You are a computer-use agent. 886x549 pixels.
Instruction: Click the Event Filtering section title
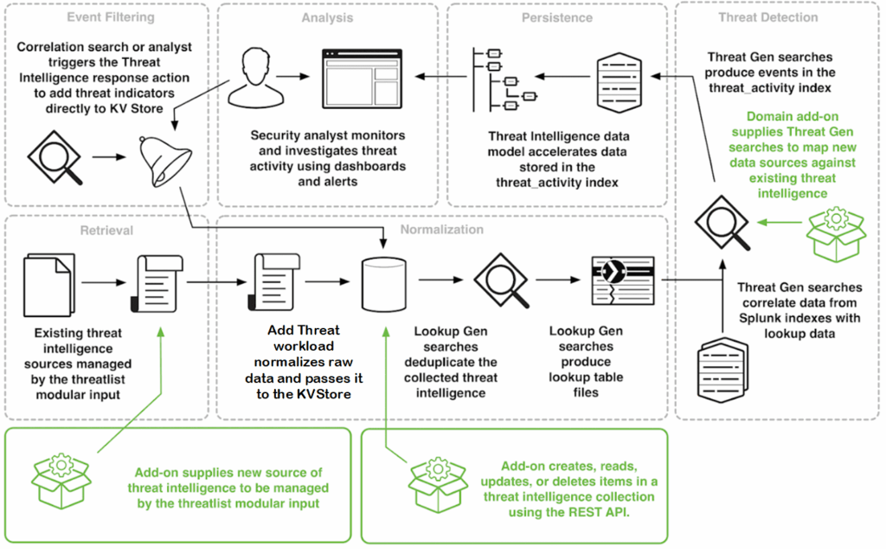[111, 17]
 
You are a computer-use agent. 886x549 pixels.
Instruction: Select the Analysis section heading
[327, 17]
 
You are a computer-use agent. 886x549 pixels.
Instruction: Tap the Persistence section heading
[557, 17]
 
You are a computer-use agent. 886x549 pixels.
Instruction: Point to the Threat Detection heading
[768, 17]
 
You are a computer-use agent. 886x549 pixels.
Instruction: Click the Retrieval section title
[106, 230]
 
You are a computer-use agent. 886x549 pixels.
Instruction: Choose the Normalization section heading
[442, 229]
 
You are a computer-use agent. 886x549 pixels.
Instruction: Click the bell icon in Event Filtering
[165, 160]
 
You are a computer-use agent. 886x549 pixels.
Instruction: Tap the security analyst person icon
[256, 78]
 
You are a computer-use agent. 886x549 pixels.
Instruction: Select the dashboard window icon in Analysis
[362, 79]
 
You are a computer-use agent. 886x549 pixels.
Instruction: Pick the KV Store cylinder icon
[383, 285]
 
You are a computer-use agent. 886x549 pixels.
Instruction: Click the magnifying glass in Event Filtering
[55, 158]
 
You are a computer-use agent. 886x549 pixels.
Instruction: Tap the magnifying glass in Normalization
[502, 281]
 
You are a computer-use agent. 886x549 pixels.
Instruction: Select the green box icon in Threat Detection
[837, 234]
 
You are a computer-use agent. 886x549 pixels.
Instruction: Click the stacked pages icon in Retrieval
[49, 285]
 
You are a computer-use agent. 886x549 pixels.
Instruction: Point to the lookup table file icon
[623, 281]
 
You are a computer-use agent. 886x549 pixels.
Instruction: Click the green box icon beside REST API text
[439, 485]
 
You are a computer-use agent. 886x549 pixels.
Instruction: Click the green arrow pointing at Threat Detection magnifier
[780, 223]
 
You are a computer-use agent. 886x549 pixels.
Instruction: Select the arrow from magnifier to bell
[109, 157]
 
